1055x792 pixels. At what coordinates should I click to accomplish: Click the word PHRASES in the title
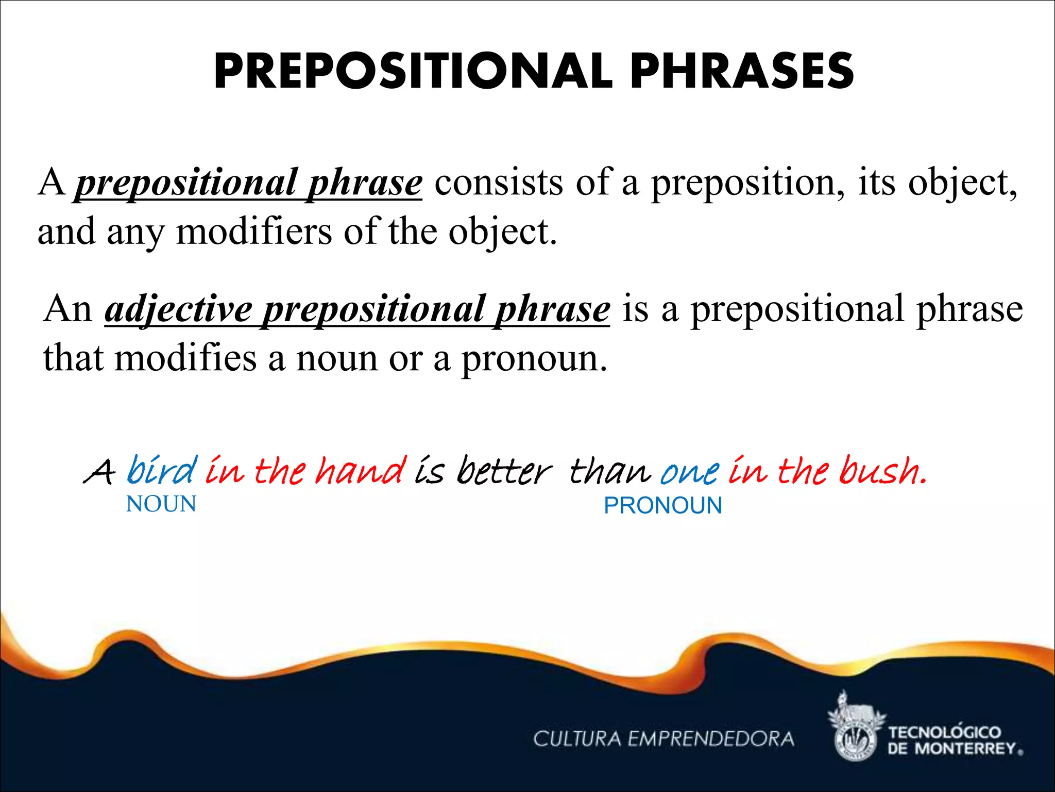(x=742, y=72)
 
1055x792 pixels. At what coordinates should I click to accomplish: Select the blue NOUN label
(x=161, y=504)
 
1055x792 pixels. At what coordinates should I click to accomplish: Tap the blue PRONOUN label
(x=663, y=506)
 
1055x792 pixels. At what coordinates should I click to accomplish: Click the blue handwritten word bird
(x=162, y=471)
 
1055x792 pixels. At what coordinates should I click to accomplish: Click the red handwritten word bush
(x=882, y=471)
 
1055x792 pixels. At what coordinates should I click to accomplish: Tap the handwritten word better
(x=504, y=471)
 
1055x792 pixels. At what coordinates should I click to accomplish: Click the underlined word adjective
(x=178, y=309)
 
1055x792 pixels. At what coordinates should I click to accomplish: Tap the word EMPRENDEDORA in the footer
(x=711, y=739)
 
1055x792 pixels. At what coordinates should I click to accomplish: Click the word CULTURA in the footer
(x=577, y=739)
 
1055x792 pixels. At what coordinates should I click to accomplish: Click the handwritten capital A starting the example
(x=98, y=472)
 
